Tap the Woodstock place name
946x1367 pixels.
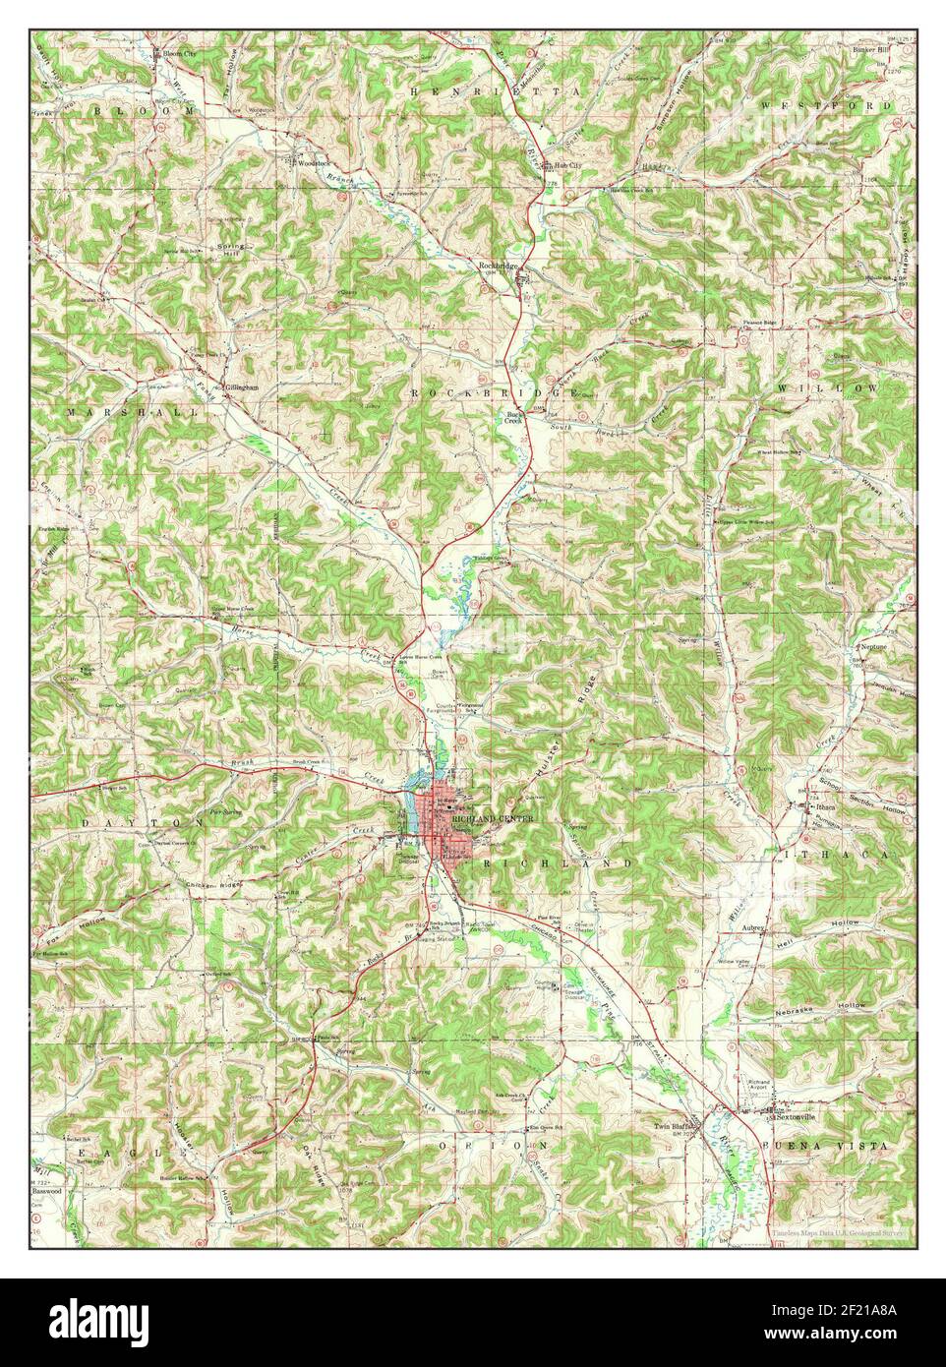pyautogui.click(x=314, y=159)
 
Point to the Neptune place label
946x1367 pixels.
pyautogui.click(x=873, y=647)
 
